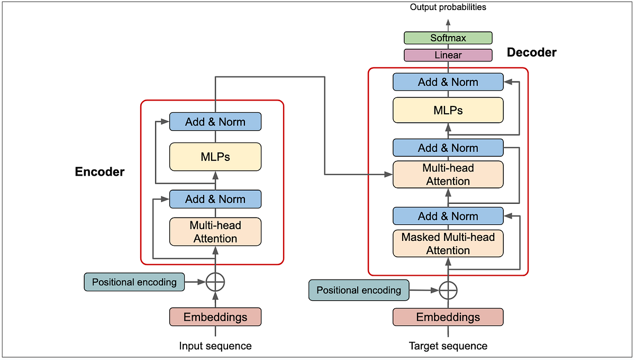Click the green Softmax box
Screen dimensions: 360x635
(x=448, y=38)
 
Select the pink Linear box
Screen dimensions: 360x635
(x=448, y=55)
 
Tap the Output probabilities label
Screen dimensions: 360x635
(x=448, y=7)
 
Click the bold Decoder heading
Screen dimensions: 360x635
(x=531, y=52)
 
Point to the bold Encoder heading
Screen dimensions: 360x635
(x=99, y=172)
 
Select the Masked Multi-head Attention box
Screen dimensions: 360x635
(x=448, y=244)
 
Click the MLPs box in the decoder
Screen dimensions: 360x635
(x=448, y=110)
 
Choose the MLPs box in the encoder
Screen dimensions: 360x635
(x=215, y=157)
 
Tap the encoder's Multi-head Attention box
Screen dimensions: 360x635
(x=215, y=232)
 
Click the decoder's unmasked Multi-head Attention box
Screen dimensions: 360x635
(x=448, y=175)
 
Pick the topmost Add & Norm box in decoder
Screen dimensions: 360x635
(x=448, y=82)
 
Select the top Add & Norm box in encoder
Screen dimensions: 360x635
(x=215, y=122)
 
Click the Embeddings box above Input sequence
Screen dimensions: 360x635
(x=215, y=317)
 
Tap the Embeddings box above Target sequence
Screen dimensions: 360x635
(x=448, y=317)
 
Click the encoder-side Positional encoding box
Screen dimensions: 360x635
(x=134, y=282)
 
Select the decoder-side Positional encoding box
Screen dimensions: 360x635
(x=358, y=290)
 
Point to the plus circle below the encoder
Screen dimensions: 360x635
(x=215, y=282)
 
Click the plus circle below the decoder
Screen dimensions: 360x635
(x=448, y=290)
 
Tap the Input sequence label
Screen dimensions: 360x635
(x=215, y=346)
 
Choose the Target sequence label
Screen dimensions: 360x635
(x=448, y=346)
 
